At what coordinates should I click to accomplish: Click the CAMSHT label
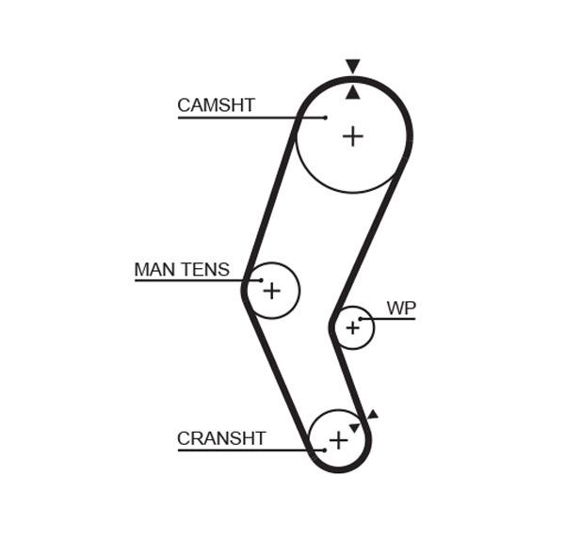coord(217,105)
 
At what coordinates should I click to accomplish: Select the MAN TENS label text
coord(182,269)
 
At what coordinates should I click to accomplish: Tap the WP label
coord(401,309)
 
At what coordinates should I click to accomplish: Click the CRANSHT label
coord(221,438)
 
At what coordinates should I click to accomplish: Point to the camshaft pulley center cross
coord(353,136)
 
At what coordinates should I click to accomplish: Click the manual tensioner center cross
coord(272,290)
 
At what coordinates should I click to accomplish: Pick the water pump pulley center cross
coord(353,327)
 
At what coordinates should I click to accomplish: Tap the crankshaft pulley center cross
coord(338,440)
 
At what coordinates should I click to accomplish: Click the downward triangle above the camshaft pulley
coord(353,66)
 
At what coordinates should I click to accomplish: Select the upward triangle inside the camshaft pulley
coord(353,92)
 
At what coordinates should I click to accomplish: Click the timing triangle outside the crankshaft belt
coord(373,415)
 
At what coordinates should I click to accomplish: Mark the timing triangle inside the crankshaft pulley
coord(355,428)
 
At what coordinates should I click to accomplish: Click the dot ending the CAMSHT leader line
coord(326,118)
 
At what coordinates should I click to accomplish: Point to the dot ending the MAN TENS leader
coord(261,280)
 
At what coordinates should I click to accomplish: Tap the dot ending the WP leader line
coord(360,319)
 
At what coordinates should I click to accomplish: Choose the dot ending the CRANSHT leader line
coord(325,450)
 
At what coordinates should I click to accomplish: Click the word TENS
coord(204,269)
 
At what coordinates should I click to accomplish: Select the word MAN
coord(154,269)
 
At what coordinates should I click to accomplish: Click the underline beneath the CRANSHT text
coord(251,450)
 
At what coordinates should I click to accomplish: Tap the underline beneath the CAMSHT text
coord(251,118)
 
